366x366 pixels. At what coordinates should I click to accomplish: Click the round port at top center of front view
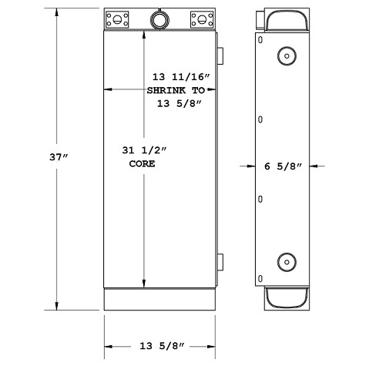159,18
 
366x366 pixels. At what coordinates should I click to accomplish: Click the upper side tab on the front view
220,54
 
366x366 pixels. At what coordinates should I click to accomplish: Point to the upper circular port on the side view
286,55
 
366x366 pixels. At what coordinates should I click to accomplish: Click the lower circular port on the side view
286,261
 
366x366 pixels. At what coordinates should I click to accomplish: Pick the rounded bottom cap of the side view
286,297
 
